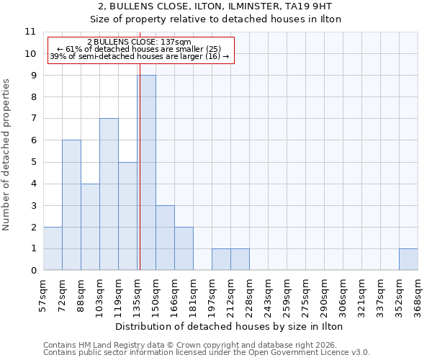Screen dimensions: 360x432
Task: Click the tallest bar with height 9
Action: [x=146, y=173]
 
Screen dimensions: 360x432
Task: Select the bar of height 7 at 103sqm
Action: [x=109, y=194]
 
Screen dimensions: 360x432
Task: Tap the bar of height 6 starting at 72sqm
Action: [x=71, y=205]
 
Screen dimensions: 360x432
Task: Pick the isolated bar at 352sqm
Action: [x=408, y=259]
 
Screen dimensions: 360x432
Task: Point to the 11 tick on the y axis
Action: [x=30, y=32]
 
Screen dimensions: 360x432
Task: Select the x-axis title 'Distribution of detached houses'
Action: [x=230, y=327]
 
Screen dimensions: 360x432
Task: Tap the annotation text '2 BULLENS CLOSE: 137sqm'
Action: [x=139, y=42]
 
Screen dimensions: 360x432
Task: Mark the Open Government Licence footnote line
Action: [x=207, y=353]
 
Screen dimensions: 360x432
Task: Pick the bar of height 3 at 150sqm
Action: [x=165, y=238]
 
